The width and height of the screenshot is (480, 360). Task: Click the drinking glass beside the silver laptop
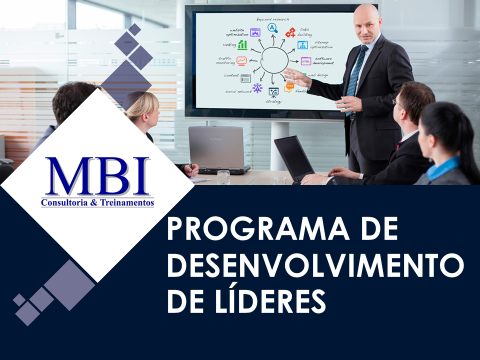pyautogui.click(x=223, y=177)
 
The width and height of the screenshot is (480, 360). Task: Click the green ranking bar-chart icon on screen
pyautogui.click(x=242, y=45)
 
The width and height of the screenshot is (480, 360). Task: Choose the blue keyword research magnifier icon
pyautogui.click(x=272, y=28)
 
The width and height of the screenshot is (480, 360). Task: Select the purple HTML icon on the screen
pyautogui.click(x=306, y=61)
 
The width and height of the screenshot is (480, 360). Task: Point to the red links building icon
pyautogui.click(x=290, y=33)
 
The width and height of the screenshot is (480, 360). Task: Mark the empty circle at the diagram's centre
pyautogui.click(x=274, y=60)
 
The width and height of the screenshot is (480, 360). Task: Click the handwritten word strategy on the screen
pyautogui.click(x=273, y=101)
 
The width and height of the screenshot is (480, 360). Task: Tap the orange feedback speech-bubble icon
pyautogui.click(x=289, y=88)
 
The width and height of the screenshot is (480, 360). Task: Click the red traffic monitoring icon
pyautogui.click(x=242, y=61)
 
